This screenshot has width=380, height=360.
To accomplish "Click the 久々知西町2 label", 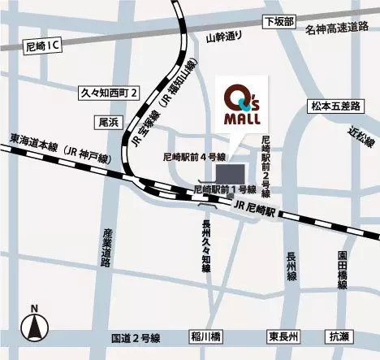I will point(111,92).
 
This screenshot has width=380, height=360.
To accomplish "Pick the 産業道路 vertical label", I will point(106,245).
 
